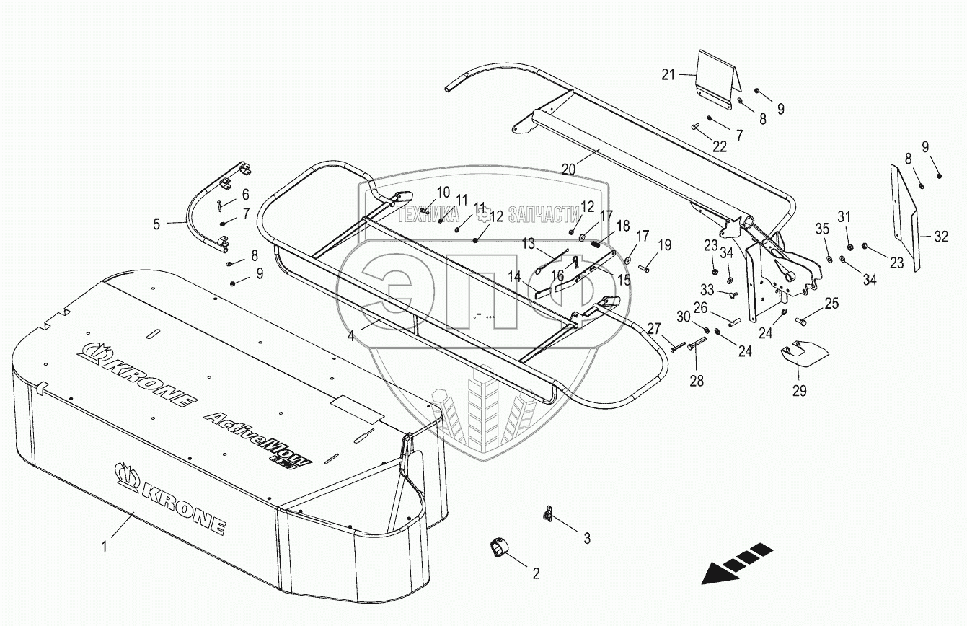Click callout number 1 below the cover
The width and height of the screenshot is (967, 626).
tap(105, 547)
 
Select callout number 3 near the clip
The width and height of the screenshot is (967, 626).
tap(587, 538)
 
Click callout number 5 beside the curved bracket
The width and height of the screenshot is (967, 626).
tap(157, 224)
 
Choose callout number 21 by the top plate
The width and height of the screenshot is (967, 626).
tap(668, 74)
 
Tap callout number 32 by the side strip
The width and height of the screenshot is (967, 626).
tap(942, 236)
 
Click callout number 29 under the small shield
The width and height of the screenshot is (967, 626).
tap(800, 391)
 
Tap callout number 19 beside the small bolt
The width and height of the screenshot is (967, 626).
tap(663, 245)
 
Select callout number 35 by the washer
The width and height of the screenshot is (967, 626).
tap(823, 230)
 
